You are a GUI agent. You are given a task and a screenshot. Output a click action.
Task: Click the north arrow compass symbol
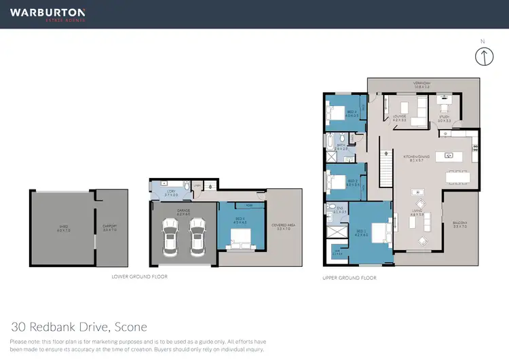[x=483, y=57]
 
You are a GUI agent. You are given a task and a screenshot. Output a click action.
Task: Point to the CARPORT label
[x=109, y=228]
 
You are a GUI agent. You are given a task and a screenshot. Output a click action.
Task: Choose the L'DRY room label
[x=171, y=192]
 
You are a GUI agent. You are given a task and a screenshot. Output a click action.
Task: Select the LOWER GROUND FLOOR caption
[x=139, y=277]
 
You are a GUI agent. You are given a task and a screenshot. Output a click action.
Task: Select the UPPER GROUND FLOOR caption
[x=349, y=278]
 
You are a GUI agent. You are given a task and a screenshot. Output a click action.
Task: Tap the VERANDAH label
[x=421, y=86]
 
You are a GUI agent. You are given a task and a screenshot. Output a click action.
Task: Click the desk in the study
[x=445, y=107]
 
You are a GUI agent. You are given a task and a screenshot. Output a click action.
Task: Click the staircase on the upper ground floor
[x=385, y=170]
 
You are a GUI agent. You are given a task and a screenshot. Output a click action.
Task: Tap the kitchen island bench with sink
[x=449, y=155]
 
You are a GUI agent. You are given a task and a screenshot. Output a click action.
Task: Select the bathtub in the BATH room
[x=329, y=143]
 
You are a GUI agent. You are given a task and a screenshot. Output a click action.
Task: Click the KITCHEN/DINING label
[x=413, y=158]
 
